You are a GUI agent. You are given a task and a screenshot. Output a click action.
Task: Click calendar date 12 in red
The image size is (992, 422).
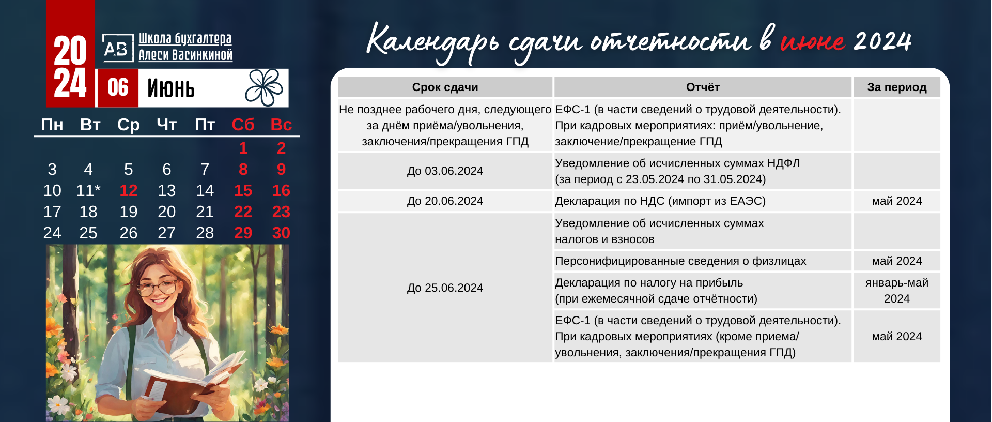pos(129,191)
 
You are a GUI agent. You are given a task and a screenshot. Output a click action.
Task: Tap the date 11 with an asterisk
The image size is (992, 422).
pos(88,191)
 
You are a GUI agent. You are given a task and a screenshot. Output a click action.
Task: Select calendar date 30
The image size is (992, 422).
pos(281,233)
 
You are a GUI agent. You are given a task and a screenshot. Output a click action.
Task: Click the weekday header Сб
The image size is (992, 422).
pos(243,125)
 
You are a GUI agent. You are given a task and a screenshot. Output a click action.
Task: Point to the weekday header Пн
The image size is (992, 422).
pos(52,125)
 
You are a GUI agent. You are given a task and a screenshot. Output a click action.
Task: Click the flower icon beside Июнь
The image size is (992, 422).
pos(264,87)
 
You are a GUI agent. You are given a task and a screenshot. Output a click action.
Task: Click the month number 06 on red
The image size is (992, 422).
pos(118,87)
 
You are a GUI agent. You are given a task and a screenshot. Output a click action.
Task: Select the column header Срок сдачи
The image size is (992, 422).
pos(445,87)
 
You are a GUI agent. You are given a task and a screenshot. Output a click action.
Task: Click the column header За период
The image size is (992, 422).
pos(896,87)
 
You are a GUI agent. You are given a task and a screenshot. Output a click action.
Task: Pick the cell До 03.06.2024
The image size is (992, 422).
pos(445,171)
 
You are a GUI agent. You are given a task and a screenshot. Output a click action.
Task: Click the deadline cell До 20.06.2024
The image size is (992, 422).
pos(445,201)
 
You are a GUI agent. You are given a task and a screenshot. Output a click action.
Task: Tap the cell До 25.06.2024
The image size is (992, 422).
pos(445,288)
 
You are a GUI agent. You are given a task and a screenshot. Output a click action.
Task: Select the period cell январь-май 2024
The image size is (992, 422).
pos(896,291)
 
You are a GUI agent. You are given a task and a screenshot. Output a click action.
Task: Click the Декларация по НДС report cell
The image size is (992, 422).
pos(660,201)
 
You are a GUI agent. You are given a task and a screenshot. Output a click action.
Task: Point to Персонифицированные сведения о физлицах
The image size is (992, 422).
pos(680,261)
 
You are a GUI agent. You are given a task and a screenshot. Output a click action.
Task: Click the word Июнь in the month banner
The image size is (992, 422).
pos(171,88)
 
